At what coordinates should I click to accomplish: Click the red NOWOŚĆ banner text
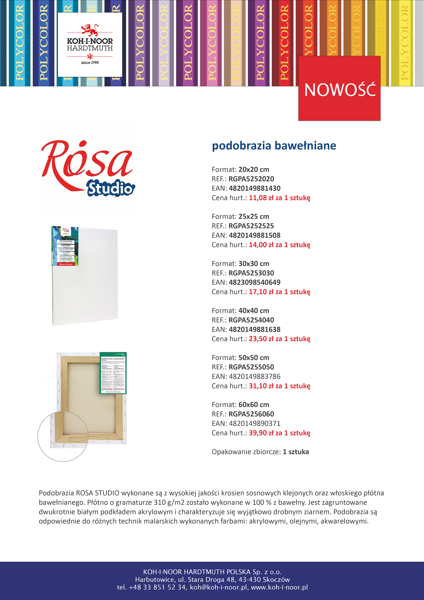tap(340, 90)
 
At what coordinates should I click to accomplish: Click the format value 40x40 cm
tap(254, 311)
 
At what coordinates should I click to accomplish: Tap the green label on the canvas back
tap(113, 373)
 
